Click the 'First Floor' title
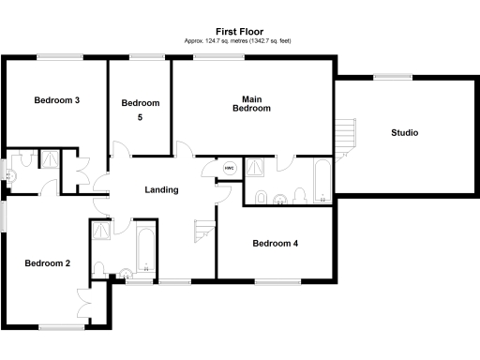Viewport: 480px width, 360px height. coord(240,31)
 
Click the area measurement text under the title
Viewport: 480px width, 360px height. coord(240,41)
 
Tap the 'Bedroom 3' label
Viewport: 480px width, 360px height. coord(56,99)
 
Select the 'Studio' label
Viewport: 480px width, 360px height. coord(404,132)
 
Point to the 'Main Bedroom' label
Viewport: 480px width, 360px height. coord(251,103)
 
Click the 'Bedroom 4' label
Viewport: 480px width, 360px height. coord(276,243)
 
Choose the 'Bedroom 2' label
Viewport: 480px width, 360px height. coord(48,263)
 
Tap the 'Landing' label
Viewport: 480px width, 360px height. coord(161,190)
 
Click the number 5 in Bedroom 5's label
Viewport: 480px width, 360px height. coord(140,118)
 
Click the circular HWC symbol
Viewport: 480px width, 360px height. coord(229,169)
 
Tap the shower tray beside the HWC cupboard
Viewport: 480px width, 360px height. coord(255,166)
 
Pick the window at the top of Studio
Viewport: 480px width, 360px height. coord(385,78)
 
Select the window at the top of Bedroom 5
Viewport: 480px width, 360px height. coord(144,57)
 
